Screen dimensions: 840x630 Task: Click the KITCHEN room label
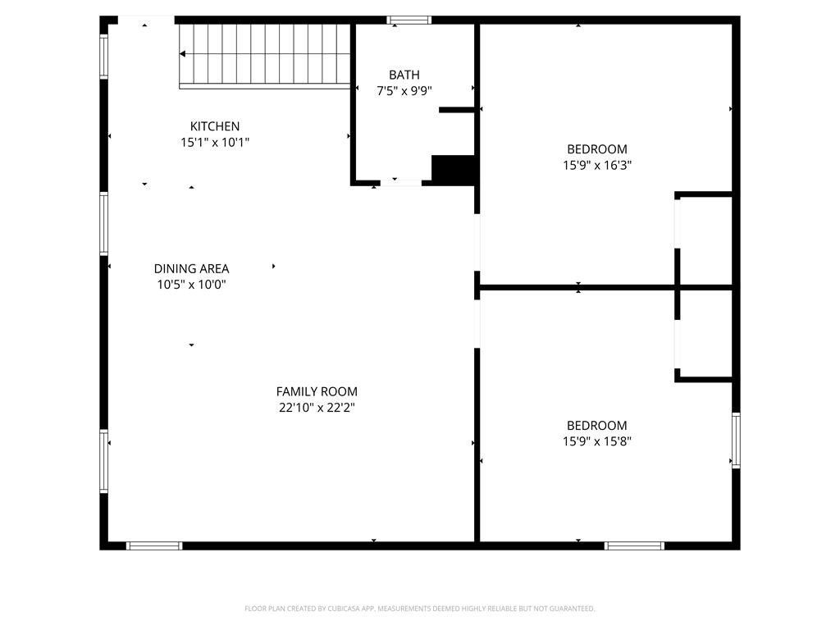click(215, 126)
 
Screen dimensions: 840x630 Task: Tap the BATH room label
click(404, 75)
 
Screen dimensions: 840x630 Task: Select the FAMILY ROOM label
click(317, 391)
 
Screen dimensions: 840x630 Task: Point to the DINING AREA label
click(191, 268)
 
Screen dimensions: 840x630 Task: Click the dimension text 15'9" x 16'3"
click(597, 165)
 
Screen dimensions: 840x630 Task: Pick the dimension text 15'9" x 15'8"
click(597, 441)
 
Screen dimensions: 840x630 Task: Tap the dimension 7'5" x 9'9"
click(404, 91)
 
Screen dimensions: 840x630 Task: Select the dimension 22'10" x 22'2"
click(317, 408)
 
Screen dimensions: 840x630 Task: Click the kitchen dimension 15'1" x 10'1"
click(215, 143)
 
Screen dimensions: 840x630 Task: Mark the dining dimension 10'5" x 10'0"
click(191, 285)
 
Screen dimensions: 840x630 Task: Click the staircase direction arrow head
click(183, 53)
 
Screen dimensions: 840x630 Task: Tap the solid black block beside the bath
click(453, 169)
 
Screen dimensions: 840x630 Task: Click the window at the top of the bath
click(409, 21)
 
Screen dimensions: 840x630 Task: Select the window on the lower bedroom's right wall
click(736, 441)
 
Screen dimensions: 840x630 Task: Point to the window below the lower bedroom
click(634, 546)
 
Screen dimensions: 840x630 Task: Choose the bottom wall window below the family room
click(154, 546)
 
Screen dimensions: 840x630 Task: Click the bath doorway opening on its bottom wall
click(400, 183)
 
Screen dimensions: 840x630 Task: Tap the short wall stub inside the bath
click(456, 110)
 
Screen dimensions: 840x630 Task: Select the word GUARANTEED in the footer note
click(574, 609)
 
